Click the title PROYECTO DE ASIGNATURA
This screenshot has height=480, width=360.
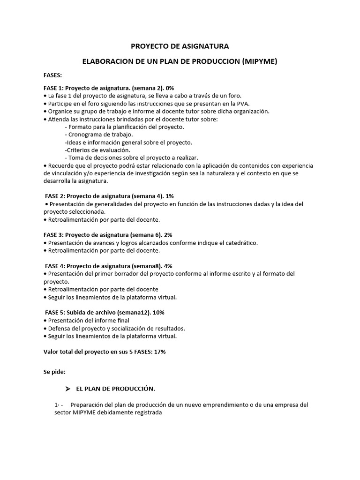pos(180,46)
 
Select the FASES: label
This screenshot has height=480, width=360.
pos(52,75)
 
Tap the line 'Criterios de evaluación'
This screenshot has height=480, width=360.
pos(90,150)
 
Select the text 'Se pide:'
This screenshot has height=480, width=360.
pos(54,372)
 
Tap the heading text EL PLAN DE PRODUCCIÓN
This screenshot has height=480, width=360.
pos(115,389)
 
